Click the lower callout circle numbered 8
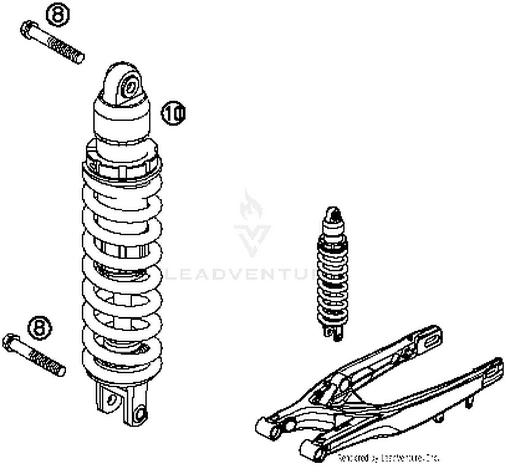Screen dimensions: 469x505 tap(40, 327)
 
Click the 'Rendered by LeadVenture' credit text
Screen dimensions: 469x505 tap(389, 458)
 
